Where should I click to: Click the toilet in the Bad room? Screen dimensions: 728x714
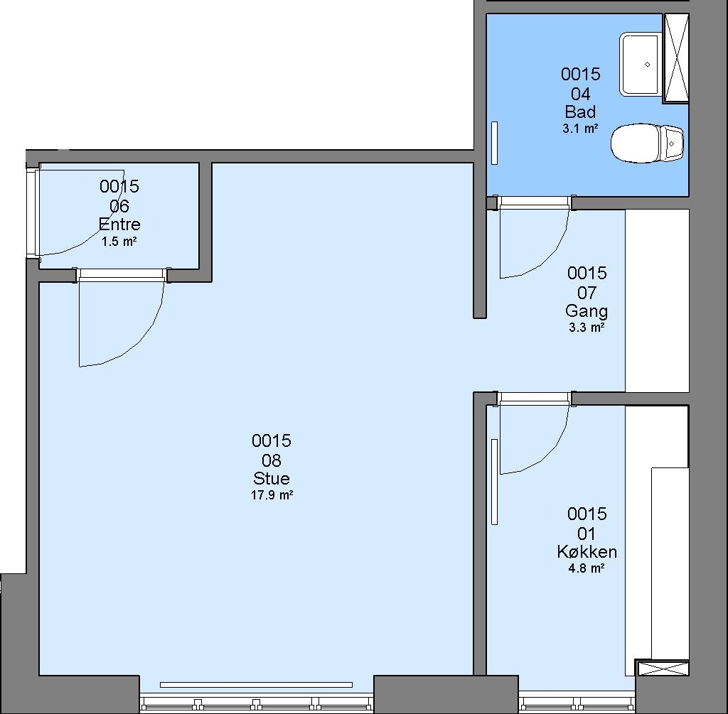pyautogui.click(x=647, y=143)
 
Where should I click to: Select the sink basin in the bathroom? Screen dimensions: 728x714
pyautogui.click(x=641, y=65)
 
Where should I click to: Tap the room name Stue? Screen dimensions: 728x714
pyautogui.click(x=272, y=478)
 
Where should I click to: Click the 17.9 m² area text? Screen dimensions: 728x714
pyautogui.click(x=272, y=495)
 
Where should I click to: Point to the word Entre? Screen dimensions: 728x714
pyautogui.click(x=119, y=225)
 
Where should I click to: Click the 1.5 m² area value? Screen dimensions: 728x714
pyautogui.click(x=119, y=242)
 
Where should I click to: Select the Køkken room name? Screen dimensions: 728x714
pyautogui.click(x=587, y=551)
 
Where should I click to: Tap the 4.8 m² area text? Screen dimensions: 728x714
pyautogui.click(x=587, y=568)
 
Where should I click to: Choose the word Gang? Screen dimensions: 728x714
pyautogui.click(x=587, y=311)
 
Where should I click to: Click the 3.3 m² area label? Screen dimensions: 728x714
pyautogui.click(x=587, y=328)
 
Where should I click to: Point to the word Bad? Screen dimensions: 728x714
pyautogui.click(x=580, y=112)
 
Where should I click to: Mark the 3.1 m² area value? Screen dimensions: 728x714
pyautogui.click(x=580, y=129)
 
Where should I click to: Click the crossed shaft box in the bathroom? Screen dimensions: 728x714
pyautogui.click(x=676, y=58)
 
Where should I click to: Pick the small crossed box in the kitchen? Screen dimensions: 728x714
pyautogui.click(x=662, y=668)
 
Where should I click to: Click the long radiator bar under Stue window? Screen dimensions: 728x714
pyautogui.click(x=256, y=685)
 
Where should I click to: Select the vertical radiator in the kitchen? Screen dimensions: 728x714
pyautogui.click(x=495, y=482)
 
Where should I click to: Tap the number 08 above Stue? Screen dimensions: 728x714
pyautogui.click(x=272, y=460)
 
